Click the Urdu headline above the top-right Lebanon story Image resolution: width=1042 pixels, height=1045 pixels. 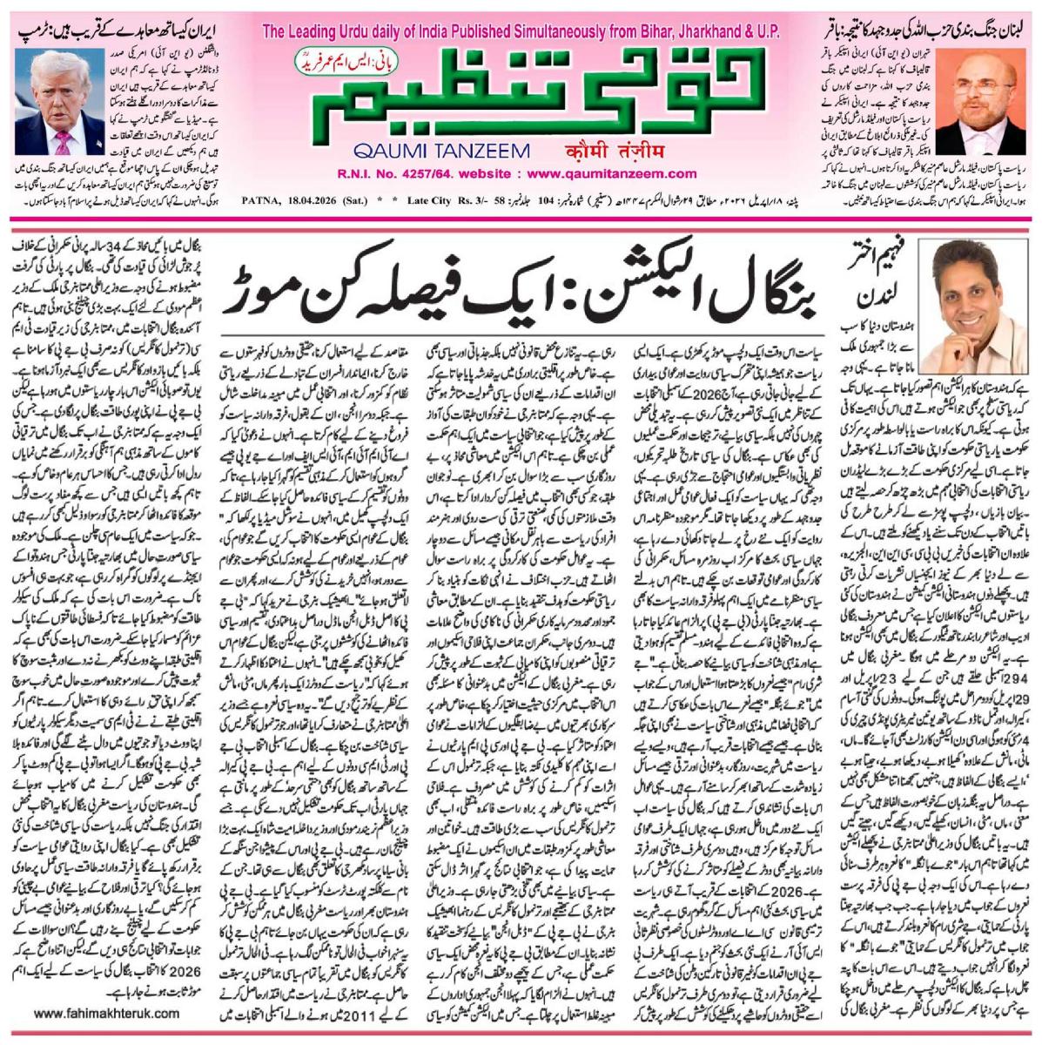point(928,21)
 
